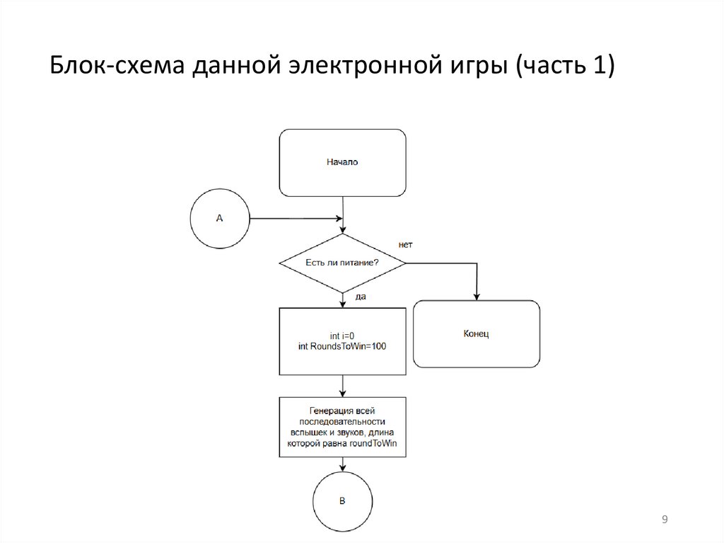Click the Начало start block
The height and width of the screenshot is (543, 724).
point(343,162)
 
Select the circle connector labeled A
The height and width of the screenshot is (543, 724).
point(219,218)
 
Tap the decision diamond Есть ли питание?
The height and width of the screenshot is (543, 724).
point(343,263)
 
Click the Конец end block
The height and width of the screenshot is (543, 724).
point(477,333)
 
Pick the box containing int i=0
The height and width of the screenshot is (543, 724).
point(343,341)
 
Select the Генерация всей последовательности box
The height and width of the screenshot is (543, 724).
point(343,427)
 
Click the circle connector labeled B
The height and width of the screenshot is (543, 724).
point(343,501)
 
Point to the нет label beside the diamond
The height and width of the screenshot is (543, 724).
point(405,245)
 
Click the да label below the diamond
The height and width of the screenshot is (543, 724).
point(360,297)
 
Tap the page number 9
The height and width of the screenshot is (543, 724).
point(665,520)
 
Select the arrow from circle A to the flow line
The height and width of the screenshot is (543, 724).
point(293,218)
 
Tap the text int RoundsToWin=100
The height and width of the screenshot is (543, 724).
point(343,346)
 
